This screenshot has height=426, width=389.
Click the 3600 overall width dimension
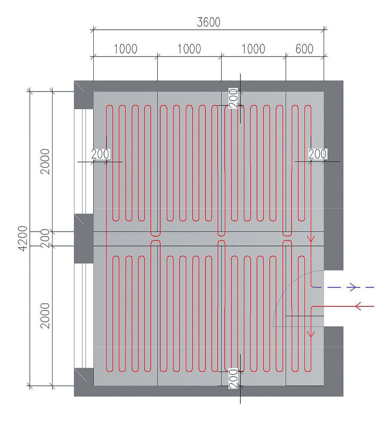pyautogui.click(x=208, y=22)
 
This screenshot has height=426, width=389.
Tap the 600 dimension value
pyautogui.click(x=305, y=48)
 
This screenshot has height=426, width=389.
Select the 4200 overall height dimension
pyautogui.click(x=23, y=238)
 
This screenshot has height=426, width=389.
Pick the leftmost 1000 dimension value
pyautogui.click(x=125, y=48)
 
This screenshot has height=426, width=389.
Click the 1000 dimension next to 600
pyautogui.click(x=253, y=48)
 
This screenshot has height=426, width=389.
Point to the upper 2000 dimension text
pyautogui.click(x=45, y=161)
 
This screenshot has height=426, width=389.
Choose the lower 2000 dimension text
pyautogui.click(x=45, y=315)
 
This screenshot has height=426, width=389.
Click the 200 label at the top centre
pyautogui.click(x=234, y=98)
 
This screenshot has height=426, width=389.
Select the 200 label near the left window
pyautogui.click(x=100, y=154)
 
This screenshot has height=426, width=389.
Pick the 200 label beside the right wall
pyautogui.click(x=317, y=154)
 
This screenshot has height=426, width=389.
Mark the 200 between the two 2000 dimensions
pyautogui.click(x=45, y=238)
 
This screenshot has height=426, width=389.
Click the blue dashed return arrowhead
pyautogui.click(x=353, y=287)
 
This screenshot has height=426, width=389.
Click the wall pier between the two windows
pyautogui.click(x=84, y=239)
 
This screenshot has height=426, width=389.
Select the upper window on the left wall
pyautogui.click(x=84, y=161)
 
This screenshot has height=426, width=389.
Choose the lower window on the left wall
pyautogui.click(x=84, y=315)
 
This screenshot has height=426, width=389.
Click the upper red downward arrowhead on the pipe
pyautogui.click(x=311, y=239)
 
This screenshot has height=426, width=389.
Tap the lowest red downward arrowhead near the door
pyautogui.click(x=311, y=334)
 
